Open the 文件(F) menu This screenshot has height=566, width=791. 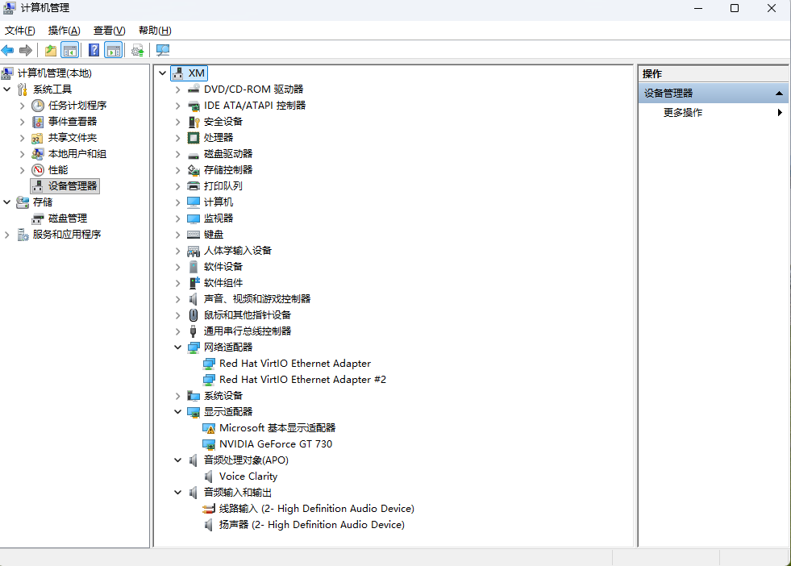(20, 31)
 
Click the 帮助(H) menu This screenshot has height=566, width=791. (155, 31)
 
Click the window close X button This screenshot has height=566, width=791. (772, 8)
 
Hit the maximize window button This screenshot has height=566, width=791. (735, 8)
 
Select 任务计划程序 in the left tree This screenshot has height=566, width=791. (77, 106)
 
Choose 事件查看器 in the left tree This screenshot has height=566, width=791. (72, 122)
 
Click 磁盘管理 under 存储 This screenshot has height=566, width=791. (67, 218)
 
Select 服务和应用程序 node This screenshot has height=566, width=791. (66, 235)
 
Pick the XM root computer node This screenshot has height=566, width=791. (196, 73)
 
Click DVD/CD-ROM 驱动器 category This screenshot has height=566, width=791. (253, 89)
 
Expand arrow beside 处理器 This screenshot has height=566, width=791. (178, 138)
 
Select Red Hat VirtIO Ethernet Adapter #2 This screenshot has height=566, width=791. (302, 380)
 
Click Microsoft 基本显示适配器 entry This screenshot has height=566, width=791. (277, 428)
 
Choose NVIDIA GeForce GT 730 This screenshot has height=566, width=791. (275, 444)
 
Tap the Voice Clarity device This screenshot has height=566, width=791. (248, 477)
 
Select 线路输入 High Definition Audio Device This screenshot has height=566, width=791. (316, 509)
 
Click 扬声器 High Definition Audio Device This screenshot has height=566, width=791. (311, 525)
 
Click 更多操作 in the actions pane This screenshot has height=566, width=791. (682, 113)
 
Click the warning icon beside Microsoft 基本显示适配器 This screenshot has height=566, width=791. (209, 428)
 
